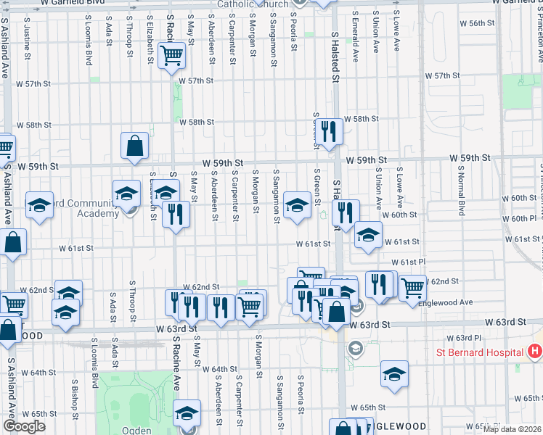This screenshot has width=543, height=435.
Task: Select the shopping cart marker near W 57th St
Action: pos(172,55)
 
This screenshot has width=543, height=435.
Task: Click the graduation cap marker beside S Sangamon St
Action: pos(296,204)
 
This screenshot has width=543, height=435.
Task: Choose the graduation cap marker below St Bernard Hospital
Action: pos(394,373)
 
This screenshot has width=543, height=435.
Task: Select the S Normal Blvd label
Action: pos(461,194)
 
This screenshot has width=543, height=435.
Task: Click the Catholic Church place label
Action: pos(253,4)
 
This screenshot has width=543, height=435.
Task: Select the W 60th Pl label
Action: pos(517,218)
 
